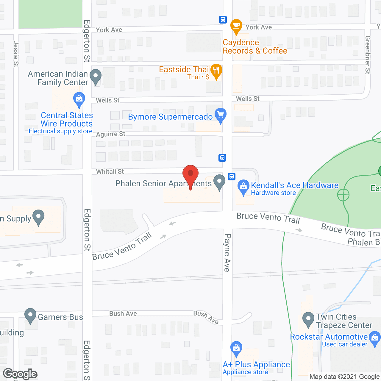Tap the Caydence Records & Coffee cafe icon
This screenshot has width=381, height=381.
(x=236, y=26)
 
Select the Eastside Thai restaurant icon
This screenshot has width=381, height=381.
(x=216, y=71)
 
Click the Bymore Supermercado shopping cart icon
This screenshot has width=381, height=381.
(x=220, y=115)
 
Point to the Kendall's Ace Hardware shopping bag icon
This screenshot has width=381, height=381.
(x=243, y=187)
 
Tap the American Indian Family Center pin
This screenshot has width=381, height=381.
(x=96, y=76)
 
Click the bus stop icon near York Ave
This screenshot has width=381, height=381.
(x=223, y=20)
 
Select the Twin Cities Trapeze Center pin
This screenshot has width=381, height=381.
(x=308, y=319)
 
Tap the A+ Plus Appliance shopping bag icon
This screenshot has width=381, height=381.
(x=236, y=349)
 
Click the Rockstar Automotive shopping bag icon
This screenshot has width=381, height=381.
(x=374, y=339)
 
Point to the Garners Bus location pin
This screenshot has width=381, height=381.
(x=30, y=316)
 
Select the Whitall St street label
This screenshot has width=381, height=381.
(x=110, y=172)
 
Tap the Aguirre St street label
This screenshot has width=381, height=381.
(x=111, y=134)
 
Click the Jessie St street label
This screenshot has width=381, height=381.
(x=16, y=54)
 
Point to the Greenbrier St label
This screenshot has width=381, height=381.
(x=368, y=55)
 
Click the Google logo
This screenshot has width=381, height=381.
(x=20, y=374)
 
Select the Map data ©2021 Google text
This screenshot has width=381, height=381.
(x=345, y=377)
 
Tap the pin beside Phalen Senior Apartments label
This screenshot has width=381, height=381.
(x=219, y=182)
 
